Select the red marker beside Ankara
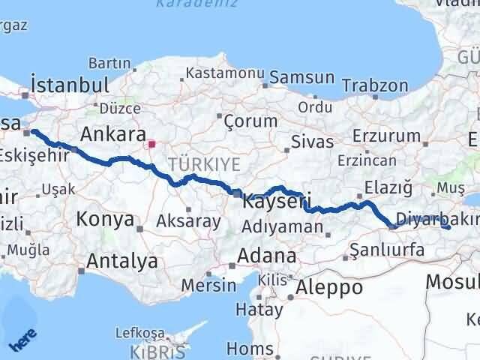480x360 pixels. point(151,143)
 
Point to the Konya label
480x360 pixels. point(105,220)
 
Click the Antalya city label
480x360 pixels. point(122,261)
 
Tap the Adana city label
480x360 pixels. point(266,256)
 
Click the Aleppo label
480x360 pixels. point(329,286)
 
